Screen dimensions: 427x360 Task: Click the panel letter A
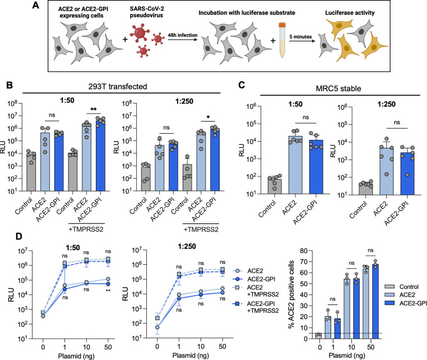(x=36, y=5)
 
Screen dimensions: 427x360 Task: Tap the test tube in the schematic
(x=282, y=40)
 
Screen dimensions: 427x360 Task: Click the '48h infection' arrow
(x=183, y=40)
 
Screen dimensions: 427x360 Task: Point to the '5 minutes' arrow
(x=301, y=41)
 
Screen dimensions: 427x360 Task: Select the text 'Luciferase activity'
(x=350, y=13)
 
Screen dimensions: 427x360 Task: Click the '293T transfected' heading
(x=118, y=87)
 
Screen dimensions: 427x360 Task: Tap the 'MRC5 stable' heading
(x=338, y=88)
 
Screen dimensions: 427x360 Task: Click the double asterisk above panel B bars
(x=94, y=109)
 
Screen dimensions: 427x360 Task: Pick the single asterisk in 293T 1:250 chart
(x=208, y=118)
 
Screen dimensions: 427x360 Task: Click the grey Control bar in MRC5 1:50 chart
(x=275, y=186)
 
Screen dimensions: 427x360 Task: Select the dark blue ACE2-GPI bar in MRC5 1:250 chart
(x=407, y=174)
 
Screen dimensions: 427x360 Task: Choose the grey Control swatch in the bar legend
(x=389, y=287)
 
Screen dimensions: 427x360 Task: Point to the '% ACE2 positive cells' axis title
(x=291, y=294)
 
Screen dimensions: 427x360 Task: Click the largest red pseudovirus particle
(x=140, y=33)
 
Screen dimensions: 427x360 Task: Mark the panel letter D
(x=18, y=236)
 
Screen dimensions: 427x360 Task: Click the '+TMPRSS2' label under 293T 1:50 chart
(x=86, y=229)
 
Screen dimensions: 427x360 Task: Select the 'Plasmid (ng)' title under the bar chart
(x=347, y=356)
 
